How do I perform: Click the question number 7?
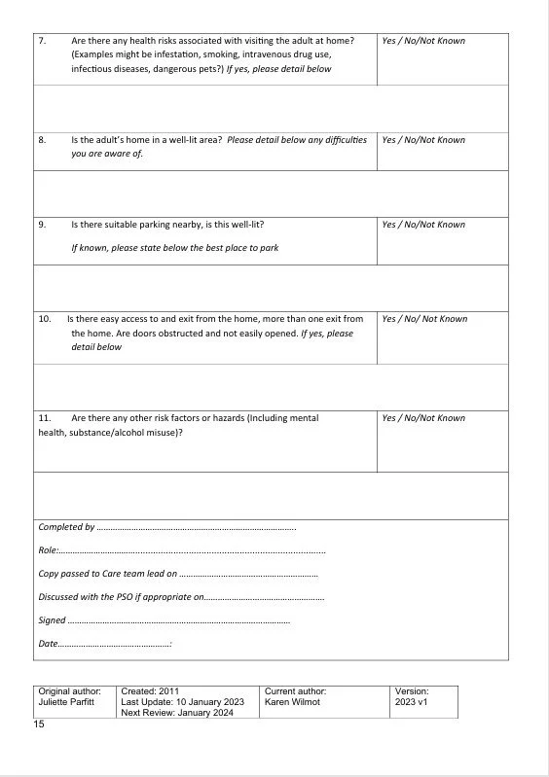[x=42, y=41]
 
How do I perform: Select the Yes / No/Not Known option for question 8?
[x=422, y=140]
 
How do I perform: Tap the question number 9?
[x=42, y=225]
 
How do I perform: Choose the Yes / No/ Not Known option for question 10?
[x=423, y=319]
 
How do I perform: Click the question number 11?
[x=44, y=418]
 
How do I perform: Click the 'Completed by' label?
[x=66, y=527]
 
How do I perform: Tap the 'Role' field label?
[x=47, y=550]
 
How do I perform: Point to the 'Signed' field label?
[x=52, y=619]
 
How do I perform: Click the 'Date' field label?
[x=48, y=643]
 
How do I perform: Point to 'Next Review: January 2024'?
[x=175, y=712]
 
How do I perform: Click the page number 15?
[x=39, y=724]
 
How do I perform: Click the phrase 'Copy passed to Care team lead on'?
[x=107, y=574]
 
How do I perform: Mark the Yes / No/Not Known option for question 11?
[x=422, y=418]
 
